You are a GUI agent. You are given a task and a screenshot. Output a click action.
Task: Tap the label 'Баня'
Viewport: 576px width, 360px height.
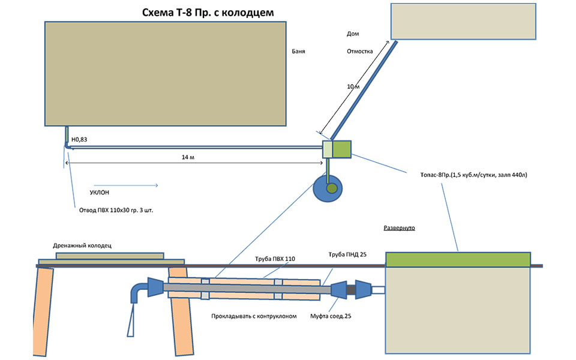[x=299, y=52]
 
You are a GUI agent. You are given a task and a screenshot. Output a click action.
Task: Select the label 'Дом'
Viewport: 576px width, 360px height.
[x=353, y=34]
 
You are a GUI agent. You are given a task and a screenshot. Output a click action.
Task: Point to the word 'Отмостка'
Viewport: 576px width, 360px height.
[x=360, y=52]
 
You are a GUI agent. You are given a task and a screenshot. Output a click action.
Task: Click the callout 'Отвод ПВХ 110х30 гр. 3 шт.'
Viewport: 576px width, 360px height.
[x=116, y=210]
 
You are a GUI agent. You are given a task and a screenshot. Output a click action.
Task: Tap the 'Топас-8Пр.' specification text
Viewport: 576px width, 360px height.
[x=474, y=175]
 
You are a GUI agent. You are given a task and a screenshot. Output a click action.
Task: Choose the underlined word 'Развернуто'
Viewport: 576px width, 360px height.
[x=400, y=228]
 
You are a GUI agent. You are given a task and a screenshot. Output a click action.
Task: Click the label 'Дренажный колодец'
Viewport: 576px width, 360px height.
[x=81, y=245]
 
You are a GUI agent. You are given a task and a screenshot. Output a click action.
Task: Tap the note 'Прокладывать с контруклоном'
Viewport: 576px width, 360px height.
[x=254, y=316]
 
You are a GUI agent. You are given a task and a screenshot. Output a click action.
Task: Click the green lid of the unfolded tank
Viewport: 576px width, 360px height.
[x=457, y=259]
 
